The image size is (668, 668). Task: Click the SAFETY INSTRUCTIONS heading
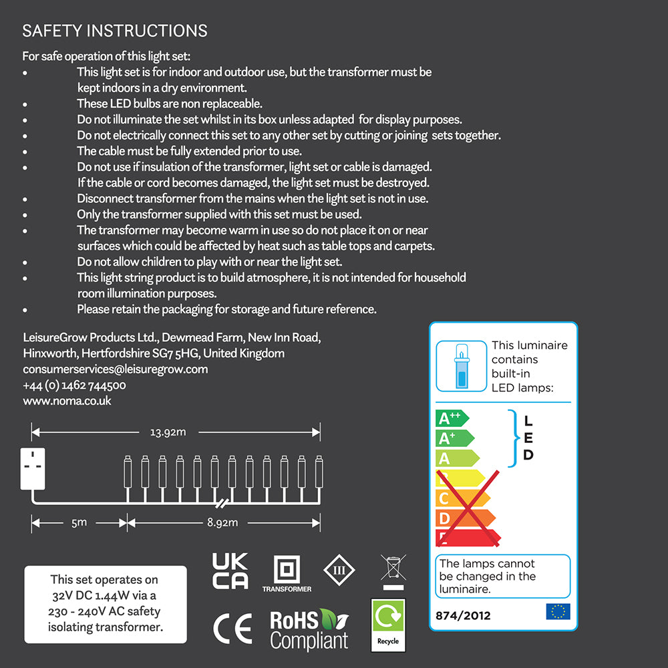click(115, 31)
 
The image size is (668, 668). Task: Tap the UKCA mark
click(230, 571)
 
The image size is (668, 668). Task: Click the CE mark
click(232, 629)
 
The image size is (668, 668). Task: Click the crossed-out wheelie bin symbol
click(393, 571)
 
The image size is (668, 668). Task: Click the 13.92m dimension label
click(167, 432)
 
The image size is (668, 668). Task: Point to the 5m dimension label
click(79, 522)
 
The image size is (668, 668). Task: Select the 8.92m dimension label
click(222, 522)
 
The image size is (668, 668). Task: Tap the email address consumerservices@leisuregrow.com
click(115, 369)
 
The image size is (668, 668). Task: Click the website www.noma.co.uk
click(67, 401)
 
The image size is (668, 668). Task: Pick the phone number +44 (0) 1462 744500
click(74, 385)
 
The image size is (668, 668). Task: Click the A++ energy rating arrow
click(452, 418)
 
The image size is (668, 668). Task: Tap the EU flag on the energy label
click(558, 611)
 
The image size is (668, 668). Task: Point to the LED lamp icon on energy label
click(461, 365)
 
